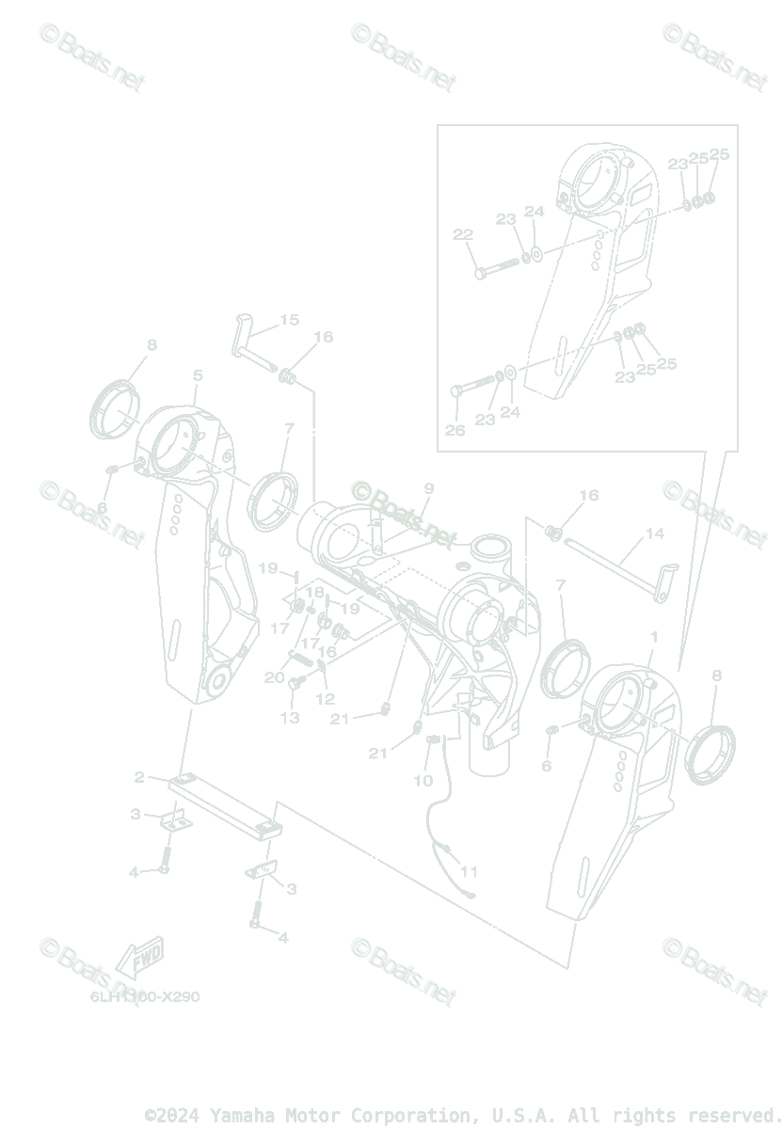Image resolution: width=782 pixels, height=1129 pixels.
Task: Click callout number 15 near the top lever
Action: pos(289,320)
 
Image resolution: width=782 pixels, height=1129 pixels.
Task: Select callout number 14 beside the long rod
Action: pos(654,533)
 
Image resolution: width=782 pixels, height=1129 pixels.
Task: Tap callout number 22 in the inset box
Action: pos(462,234)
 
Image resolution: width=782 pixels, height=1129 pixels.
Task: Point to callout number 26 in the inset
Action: pos(455,430)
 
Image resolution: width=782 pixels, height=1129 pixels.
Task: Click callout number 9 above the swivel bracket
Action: pos(428,488)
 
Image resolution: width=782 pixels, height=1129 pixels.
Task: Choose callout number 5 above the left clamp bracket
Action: pos(198,375)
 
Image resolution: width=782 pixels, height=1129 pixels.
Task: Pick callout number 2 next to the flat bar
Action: pos(139,777)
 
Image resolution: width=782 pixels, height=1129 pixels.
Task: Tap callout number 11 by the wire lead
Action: pos(469,871)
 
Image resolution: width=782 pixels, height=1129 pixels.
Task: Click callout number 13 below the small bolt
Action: pos(290,717)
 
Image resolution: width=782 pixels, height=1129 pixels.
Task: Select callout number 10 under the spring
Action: pos(423,780)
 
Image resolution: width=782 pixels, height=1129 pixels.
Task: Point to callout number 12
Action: pos(325,699)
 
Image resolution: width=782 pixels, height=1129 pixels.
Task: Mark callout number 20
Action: pos(275,677)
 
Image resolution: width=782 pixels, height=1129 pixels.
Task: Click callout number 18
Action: pos(315,592)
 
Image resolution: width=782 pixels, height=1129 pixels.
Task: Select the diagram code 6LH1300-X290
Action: pos(145,996)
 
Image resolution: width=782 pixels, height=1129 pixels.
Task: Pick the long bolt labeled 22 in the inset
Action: pos(499,264)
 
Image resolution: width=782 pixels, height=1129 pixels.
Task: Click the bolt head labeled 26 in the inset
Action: pos(457,390)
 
